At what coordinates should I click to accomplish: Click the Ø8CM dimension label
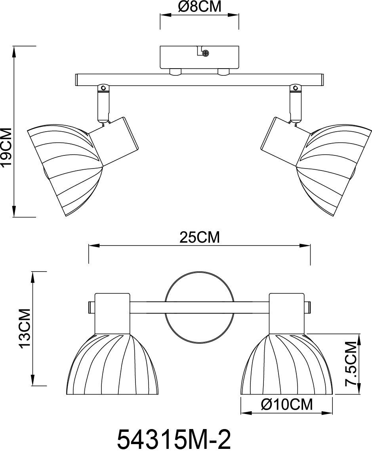[x=199, y=7]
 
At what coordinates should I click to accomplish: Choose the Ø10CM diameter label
[x=287, y=404]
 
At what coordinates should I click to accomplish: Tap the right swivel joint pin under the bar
[x=294, y=88]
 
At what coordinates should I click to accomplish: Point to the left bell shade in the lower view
[x=112, y=365]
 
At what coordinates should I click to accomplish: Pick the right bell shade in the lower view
[x=287, y=365]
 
